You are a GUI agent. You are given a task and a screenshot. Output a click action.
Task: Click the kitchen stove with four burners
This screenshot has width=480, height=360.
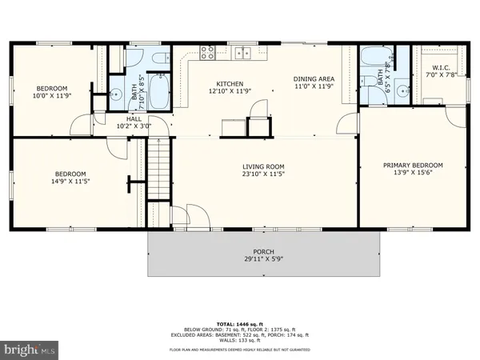coord(207,54)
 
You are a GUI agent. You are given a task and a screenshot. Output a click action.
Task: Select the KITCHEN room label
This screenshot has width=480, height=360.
coord(230,83)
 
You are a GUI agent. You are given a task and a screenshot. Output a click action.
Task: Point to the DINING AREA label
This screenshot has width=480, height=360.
coord(314,78)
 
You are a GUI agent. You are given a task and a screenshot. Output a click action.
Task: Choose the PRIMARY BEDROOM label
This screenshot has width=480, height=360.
coord(412,166)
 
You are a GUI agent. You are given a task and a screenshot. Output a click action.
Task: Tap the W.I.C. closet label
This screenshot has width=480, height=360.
coord(442,66)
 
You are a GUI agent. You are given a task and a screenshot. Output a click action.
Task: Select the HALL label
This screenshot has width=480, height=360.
coord(133,118)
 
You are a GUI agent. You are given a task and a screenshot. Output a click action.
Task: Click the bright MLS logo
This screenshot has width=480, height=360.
coord(30,350)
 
